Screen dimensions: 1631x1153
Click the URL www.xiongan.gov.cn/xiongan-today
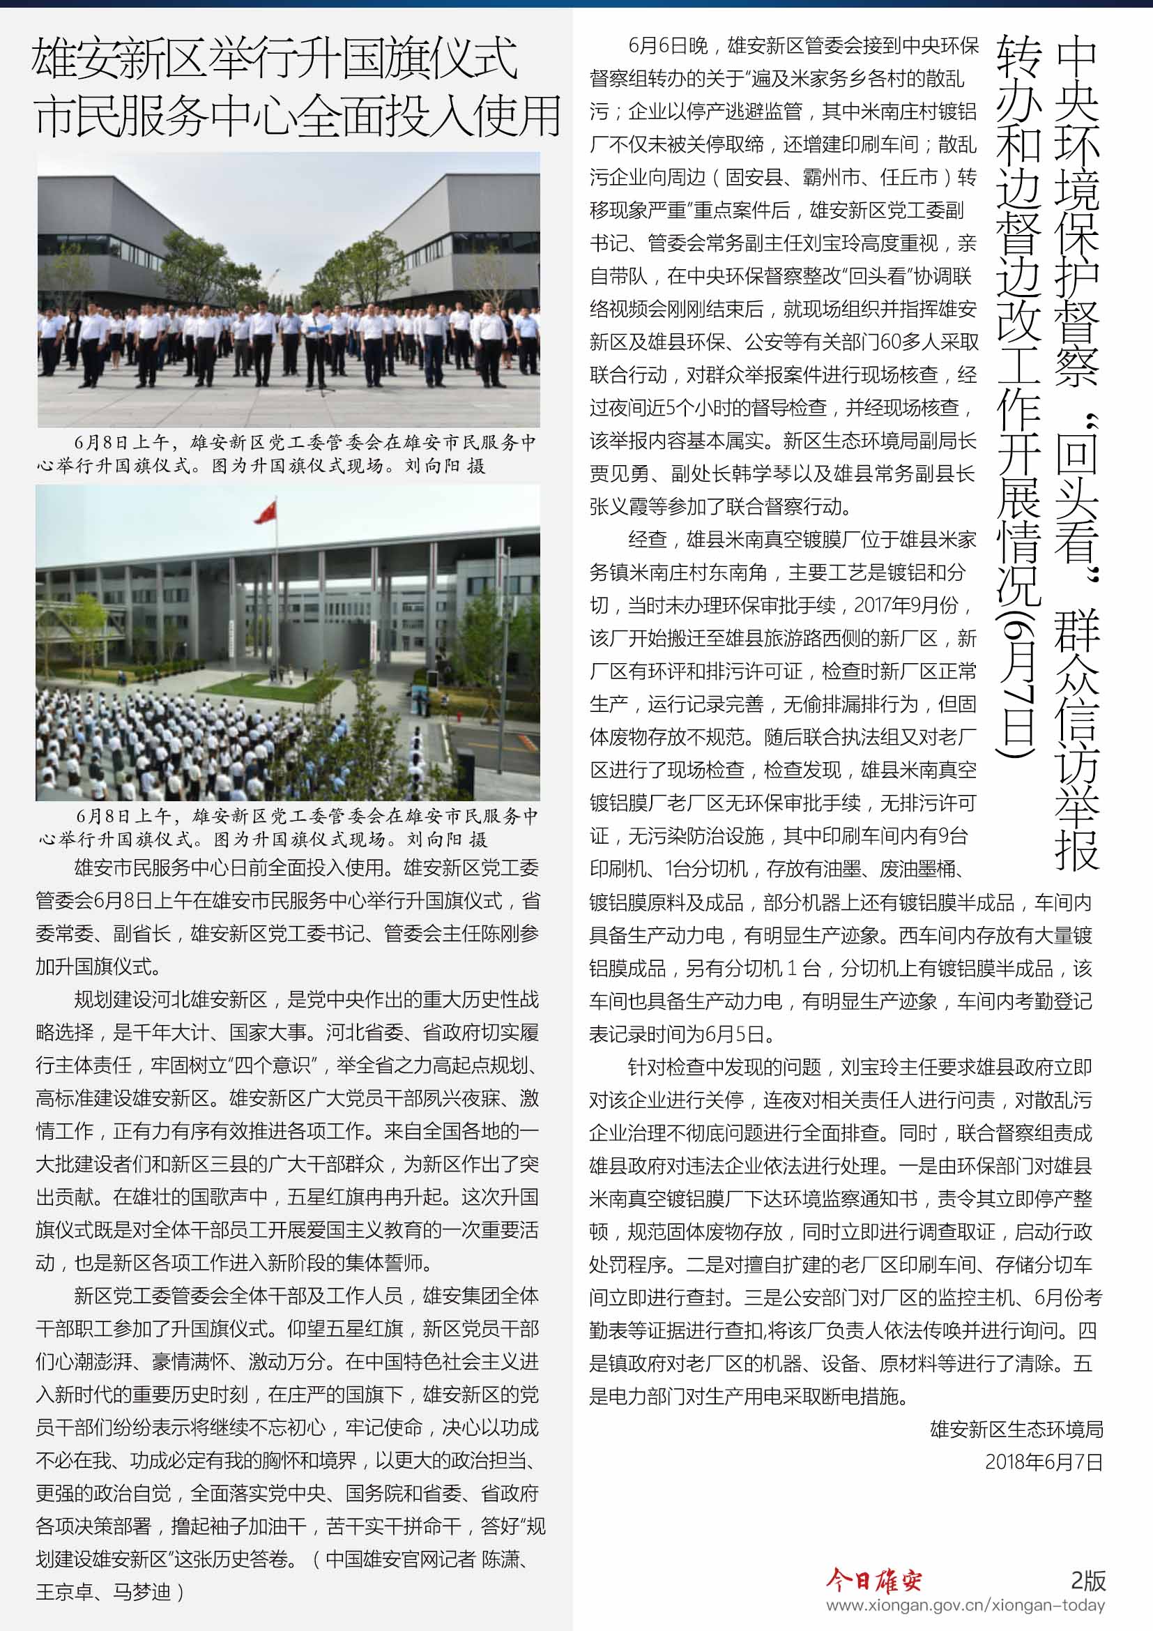[965, 1605]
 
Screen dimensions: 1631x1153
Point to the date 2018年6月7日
[1043, 1462]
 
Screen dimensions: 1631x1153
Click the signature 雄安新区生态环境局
[1016, 1429]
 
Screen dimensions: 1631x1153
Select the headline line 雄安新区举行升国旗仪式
[274, 60]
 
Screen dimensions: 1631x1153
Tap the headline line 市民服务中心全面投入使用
[297, 117]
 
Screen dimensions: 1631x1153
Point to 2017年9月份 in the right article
[906, 605]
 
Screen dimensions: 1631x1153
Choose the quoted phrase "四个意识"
[270, 1065]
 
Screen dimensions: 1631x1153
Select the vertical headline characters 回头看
[1076, 497]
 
